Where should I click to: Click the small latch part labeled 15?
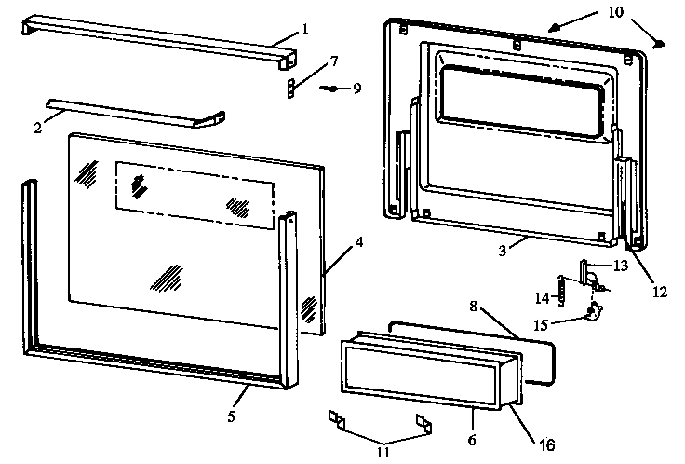pyautogui.click(x=591, y=314)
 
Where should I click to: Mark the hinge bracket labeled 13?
pyautogui.click(x=585, y=272)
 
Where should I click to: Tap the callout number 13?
pyautogui.click(x=621, y=266)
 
